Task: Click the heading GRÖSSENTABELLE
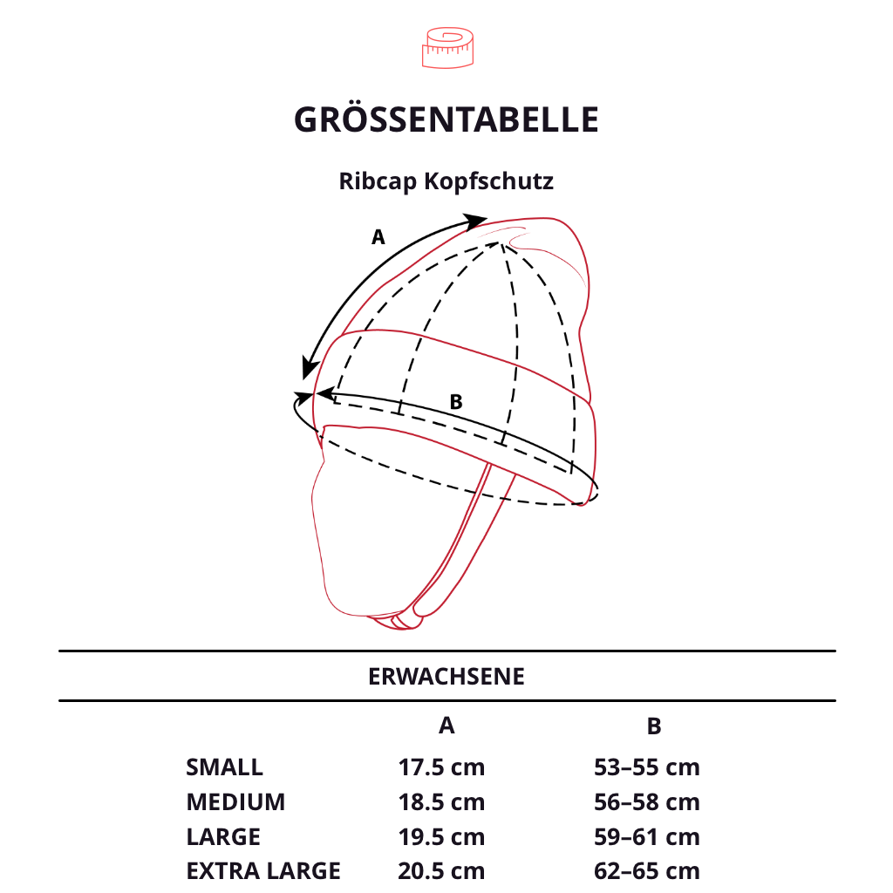[x=446, y=120]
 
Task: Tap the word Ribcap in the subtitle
[x=378, y=181]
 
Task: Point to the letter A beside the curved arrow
[x=378, y=236]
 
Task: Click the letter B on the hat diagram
[x=455, y=402]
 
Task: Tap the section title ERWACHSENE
[x=446, y=677]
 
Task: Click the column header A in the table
[x=446, y=726]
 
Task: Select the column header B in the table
[x=654, y=726]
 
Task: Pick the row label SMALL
[x=224, y=767]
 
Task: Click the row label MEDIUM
[x=235, y=802]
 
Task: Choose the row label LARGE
[x=223, y=837]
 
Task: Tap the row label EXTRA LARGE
[x=263, y=870]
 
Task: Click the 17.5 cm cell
[x=441, y=767]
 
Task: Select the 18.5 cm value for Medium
[x=441, y=802]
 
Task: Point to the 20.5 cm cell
[x=441, y=870]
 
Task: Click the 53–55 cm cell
[x=647, y=767]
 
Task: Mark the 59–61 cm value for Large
[x=647, y=837]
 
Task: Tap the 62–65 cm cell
[x=647, y=870]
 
